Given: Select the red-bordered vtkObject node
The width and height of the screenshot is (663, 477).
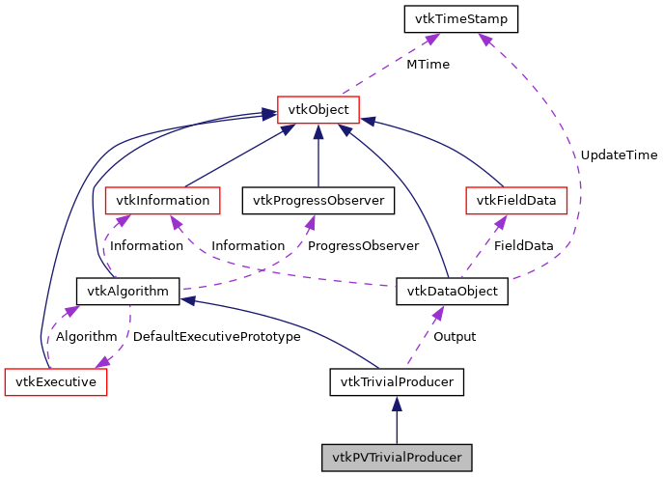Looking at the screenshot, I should (318, 110).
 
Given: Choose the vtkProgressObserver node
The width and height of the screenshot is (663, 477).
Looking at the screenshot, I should (318, 201).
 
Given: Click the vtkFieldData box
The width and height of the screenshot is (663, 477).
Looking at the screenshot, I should (516, 201).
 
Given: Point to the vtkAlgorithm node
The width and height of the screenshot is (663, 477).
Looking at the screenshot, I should (127, 291).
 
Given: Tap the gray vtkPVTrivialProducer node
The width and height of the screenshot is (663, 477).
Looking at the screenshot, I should (397, 457).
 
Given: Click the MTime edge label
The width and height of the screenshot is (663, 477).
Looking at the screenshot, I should (427, 65).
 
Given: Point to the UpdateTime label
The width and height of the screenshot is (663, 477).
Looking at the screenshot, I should (619, 154).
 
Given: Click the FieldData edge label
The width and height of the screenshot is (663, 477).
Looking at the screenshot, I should (523, 245).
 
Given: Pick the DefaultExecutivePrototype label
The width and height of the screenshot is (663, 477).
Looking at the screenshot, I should (216, 336).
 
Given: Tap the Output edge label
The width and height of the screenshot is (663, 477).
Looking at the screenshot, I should (454, 336).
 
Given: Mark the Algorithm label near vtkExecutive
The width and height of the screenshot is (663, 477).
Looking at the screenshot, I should (86, 336).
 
